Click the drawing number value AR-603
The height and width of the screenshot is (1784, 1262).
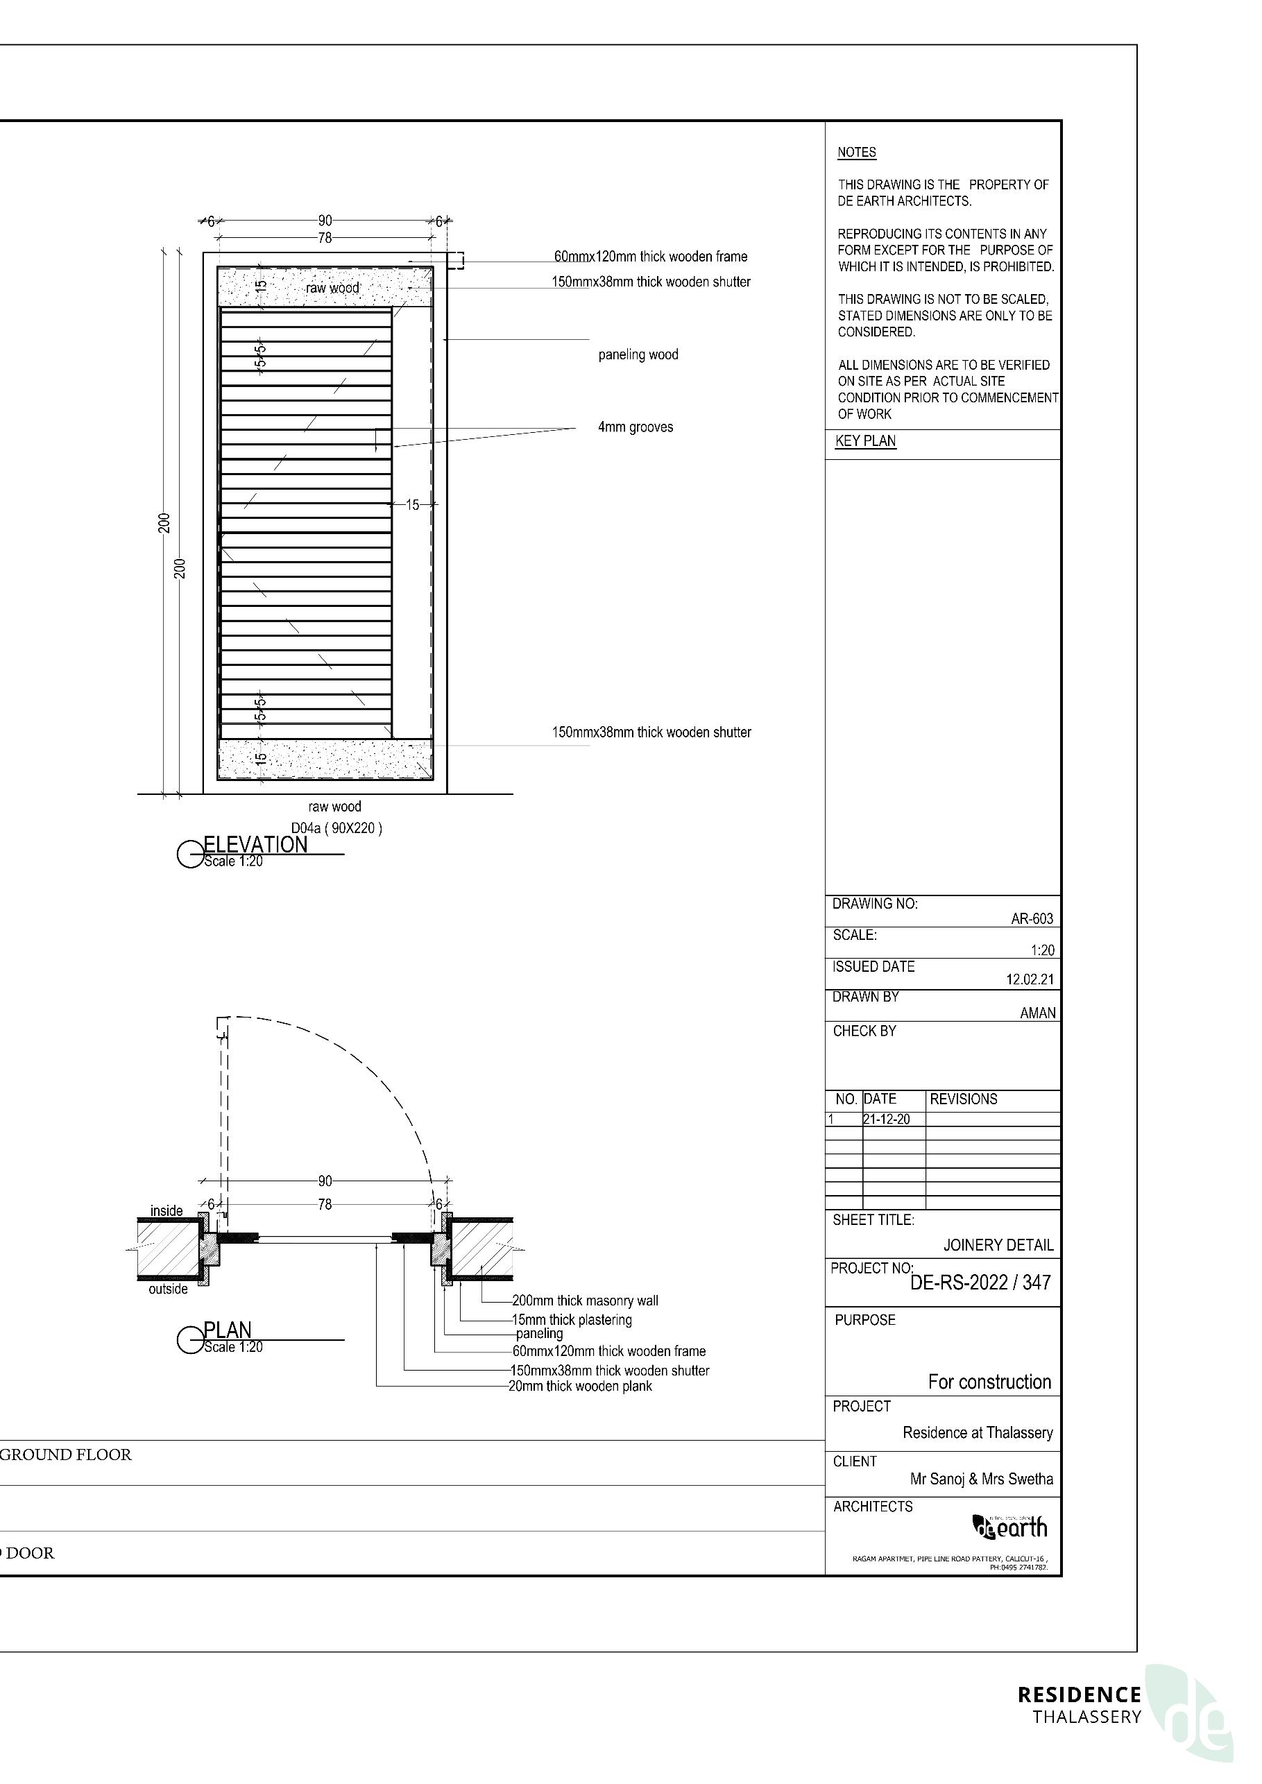(1031, 918)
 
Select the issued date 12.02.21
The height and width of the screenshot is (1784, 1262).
(1030, 980)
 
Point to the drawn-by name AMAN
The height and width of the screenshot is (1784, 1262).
(1037, 1013)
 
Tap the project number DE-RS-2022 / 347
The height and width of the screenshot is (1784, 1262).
(981, 1283)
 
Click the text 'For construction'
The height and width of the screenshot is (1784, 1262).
(989, 1382)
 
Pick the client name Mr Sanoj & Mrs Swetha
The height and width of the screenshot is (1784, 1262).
(982, 1479)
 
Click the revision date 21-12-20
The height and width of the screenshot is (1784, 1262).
(887, 1120)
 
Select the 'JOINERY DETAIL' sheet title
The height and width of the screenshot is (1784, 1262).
(998, 1246)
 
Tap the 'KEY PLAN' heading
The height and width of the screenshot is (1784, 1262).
(866, 441)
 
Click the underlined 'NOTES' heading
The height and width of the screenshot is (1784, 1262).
(856, 153)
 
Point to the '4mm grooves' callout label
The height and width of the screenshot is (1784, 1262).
(635, 427)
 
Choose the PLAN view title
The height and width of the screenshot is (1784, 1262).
(227, 1330)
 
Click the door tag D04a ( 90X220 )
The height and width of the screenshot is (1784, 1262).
(336, 828)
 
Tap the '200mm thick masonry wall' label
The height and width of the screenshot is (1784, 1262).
(585, 1301)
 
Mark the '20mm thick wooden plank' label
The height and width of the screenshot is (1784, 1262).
(581, 1386)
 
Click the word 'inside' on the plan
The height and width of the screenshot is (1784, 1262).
(167, 1210)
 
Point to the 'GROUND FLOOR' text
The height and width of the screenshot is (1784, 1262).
(66, 1455)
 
